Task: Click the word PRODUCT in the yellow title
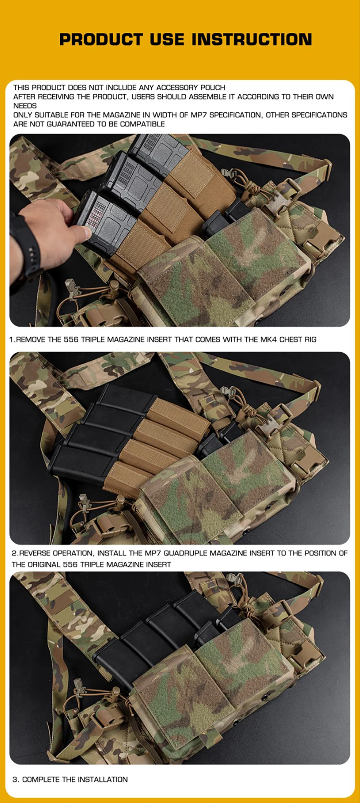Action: click(x=101, y=39)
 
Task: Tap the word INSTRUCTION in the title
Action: click(x=252, y=39)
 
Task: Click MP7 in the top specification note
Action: click(x=199, y=115)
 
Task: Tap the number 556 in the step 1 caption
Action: click(x=71, y=339)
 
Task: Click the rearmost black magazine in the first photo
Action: click(x=158, y=151)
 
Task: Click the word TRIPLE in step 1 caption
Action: click(x=94, y=339)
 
